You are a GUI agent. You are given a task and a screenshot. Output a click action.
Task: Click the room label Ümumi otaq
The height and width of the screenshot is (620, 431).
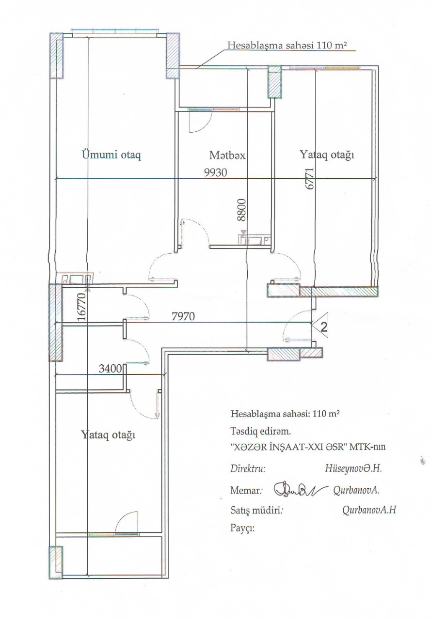112,155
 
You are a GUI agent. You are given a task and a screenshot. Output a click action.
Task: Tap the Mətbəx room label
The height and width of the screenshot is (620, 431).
227,155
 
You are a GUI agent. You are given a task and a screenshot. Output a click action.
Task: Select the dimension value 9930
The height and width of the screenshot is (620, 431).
215,173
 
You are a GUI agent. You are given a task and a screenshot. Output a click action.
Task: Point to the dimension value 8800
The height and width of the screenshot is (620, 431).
242,210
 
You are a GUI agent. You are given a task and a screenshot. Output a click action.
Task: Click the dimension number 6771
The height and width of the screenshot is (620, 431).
310,178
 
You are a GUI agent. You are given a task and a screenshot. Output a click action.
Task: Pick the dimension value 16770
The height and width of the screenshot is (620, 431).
82,307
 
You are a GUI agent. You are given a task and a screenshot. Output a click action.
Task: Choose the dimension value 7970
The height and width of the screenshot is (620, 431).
183,316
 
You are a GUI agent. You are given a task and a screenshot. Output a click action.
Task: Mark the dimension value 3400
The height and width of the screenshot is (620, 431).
110,369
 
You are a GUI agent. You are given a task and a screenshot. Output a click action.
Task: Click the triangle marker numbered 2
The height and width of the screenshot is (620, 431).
321,325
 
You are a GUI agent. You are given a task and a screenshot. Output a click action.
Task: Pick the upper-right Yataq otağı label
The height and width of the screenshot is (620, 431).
327,155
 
